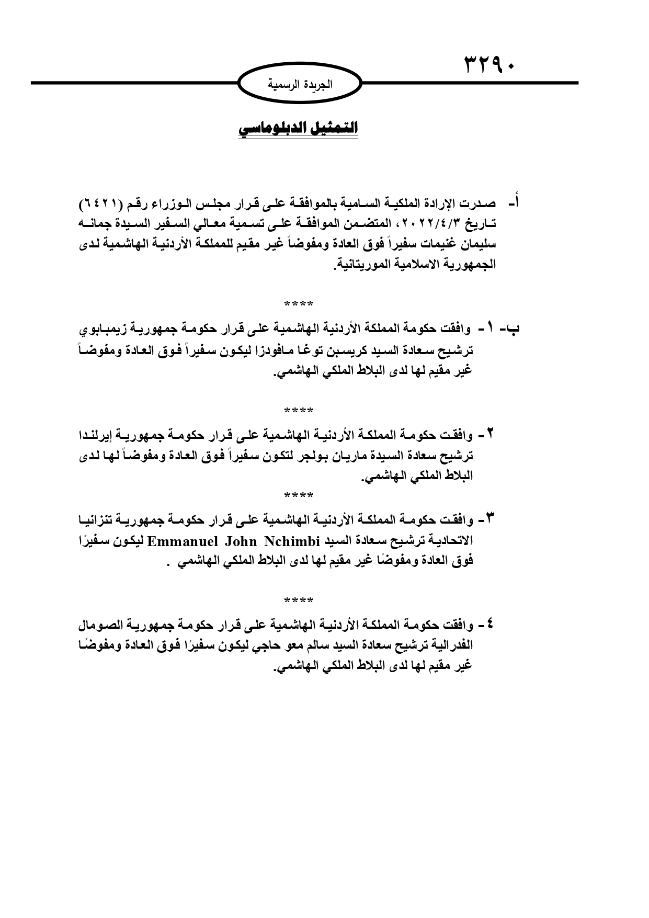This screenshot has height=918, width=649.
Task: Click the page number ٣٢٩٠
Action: click(x=489, y=67)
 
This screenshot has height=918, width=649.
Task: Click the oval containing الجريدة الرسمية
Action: click(x=300, y=84)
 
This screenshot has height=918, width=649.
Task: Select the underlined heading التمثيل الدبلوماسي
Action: click(x=298, y=129)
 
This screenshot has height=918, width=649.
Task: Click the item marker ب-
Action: click(x=511, y=329)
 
